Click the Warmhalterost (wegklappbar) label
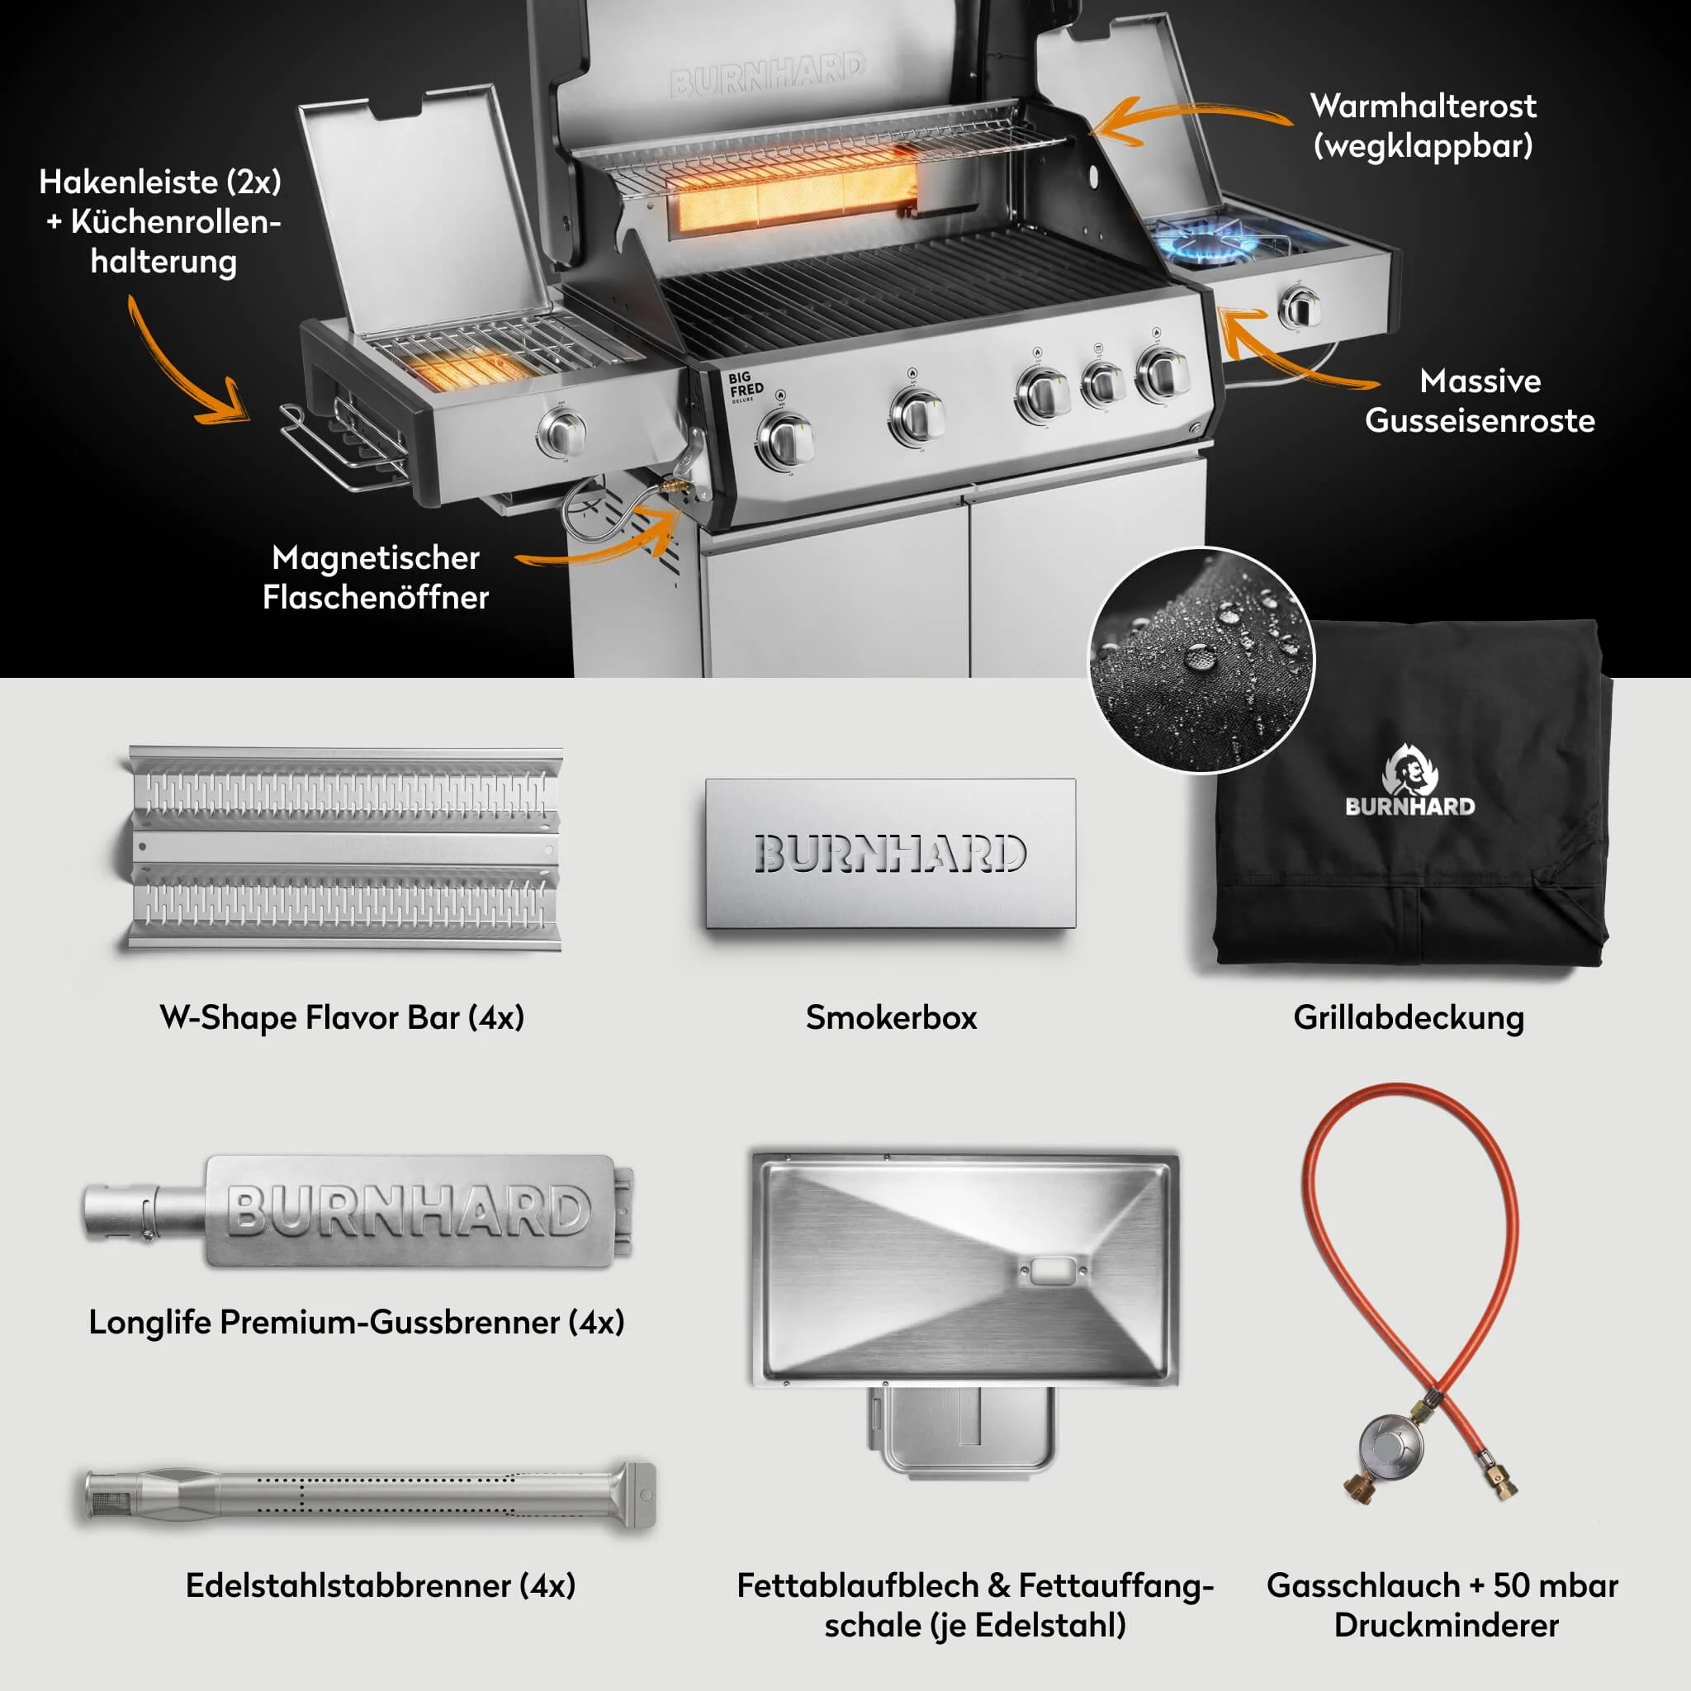click(1423, 126)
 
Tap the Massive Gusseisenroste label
click(1479, 400)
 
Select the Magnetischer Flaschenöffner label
click(376, 577)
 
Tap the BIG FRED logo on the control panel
click(746, 385)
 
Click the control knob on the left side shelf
click(560, 431)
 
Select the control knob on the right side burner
click(1300, 306)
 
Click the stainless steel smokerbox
click(890, 854)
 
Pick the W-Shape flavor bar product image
click(343, 847)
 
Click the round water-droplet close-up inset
click(1201, 661)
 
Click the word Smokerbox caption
click(891, 1018)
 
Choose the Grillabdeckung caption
click(1409, 1018)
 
